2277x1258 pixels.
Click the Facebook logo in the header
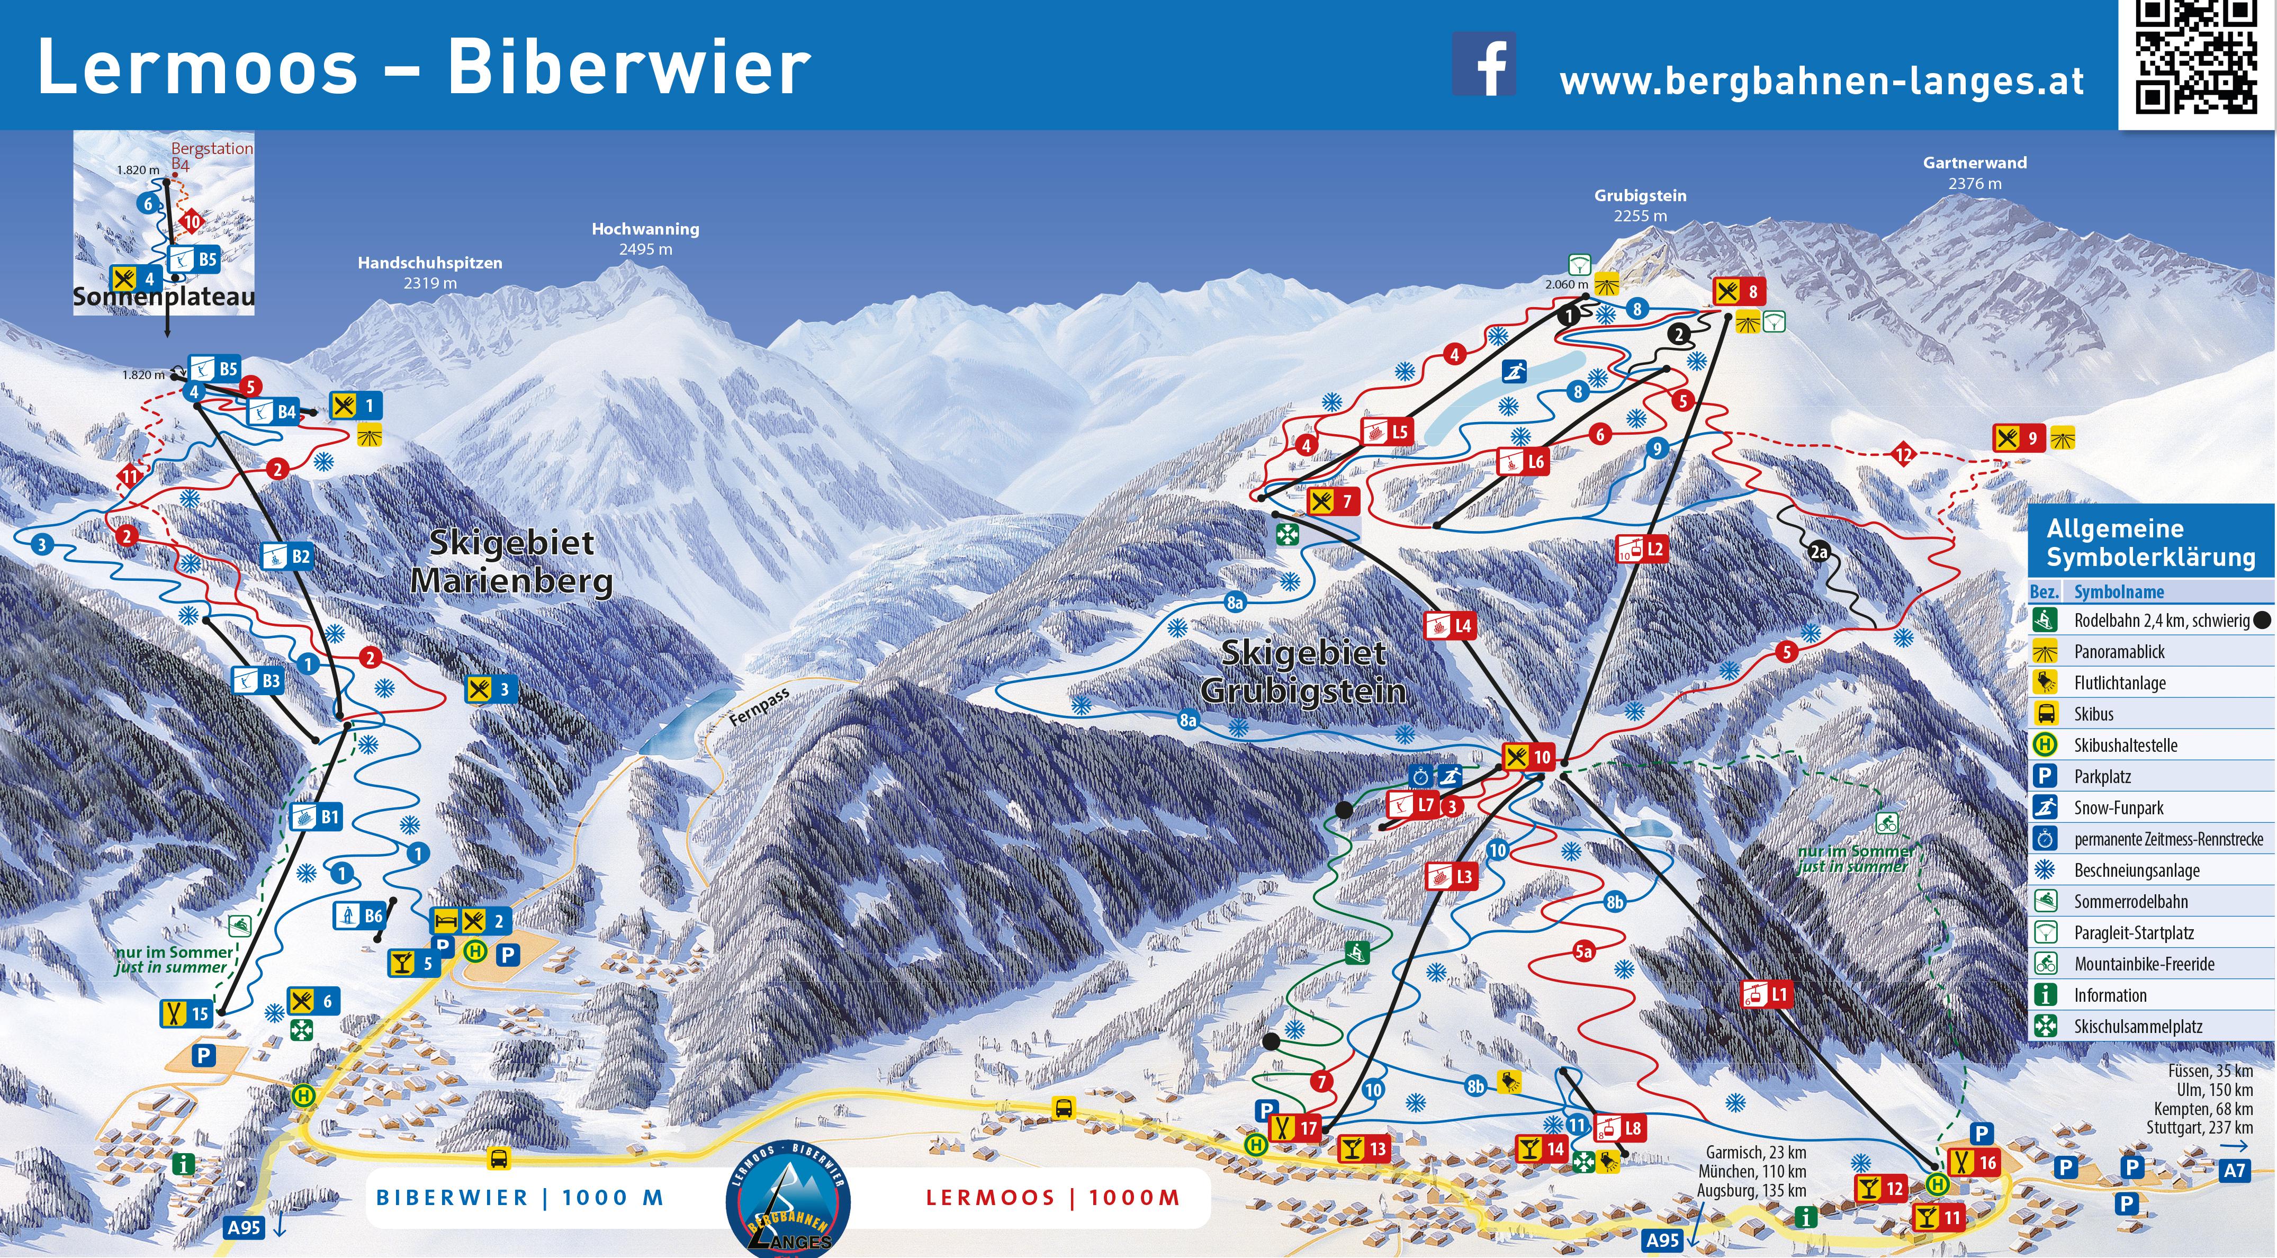coord(1484,65)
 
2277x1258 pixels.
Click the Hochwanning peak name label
coord(645,229)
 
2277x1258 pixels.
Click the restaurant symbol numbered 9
coord(2019,438)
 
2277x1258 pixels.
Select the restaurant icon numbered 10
coord(1528,757)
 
